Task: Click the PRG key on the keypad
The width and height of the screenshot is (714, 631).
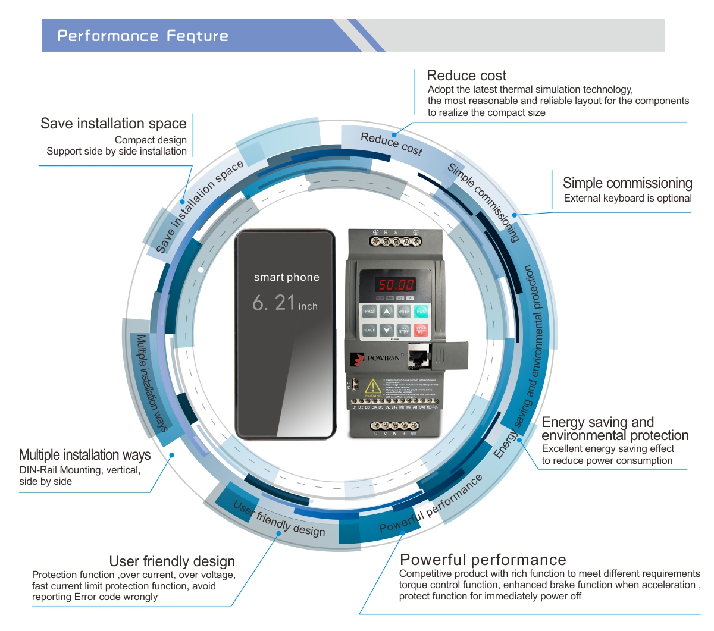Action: click(x=369, y=311)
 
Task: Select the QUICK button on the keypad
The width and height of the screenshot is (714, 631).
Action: click(x=369, y=329)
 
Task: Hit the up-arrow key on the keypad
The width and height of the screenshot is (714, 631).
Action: click(x=387, y=311)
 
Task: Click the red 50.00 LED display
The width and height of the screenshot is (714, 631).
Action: click(x=396, y=285)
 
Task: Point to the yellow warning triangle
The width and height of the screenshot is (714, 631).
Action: click(x=372, y=387)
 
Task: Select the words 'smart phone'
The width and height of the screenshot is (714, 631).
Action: click(x=287, y=277)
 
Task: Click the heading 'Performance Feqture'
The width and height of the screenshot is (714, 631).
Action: click(x=143, y=36)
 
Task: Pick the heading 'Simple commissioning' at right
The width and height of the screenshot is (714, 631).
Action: click(x=627, y=183)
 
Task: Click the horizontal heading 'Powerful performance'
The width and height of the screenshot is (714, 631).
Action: click(x=483, y=560)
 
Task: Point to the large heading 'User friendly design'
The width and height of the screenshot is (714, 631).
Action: click(x=172, y=561)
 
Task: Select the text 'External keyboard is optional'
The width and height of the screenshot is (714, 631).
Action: click(x=628, y=198)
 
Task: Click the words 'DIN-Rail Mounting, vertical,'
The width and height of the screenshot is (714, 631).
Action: click(x=80, y=470)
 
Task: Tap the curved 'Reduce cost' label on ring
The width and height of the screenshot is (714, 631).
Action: click(x=391, y=143)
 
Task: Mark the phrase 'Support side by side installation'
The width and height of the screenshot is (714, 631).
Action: click(x=117, y=151)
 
